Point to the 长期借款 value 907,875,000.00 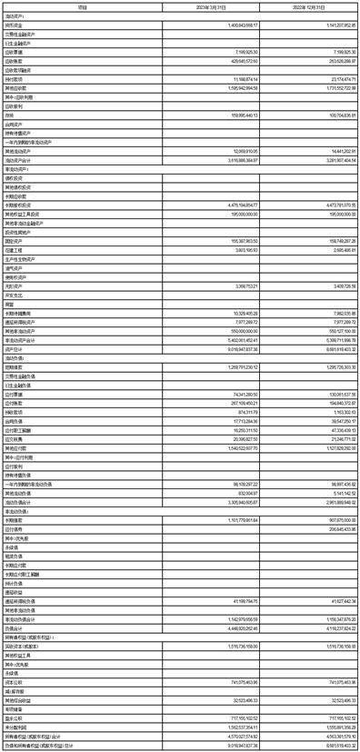325,495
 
